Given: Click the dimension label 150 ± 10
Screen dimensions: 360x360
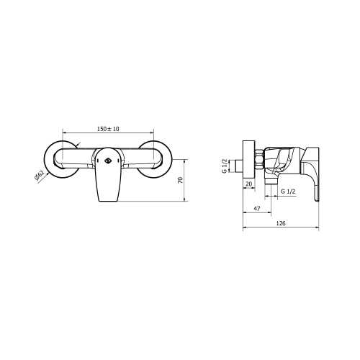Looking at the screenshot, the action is (x=108, y=129).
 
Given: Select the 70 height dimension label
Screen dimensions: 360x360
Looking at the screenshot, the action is (x=180, y=180).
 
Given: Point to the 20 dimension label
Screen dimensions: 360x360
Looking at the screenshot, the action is (x=249, y=184).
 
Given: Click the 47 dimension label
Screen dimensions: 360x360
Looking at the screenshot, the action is (x=257, y=209).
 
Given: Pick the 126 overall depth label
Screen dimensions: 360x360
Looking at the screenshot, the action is (x=281, y=223).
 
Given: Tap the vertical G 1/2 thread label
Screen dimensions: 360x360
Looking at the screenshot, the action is (x=225, y=166).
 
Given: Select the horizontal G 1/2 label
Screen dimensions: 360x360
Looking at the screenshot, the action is (x=288, y=192).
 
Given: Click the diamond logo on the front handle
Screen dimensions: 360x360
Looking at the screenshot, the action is (x=107, y=161).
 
